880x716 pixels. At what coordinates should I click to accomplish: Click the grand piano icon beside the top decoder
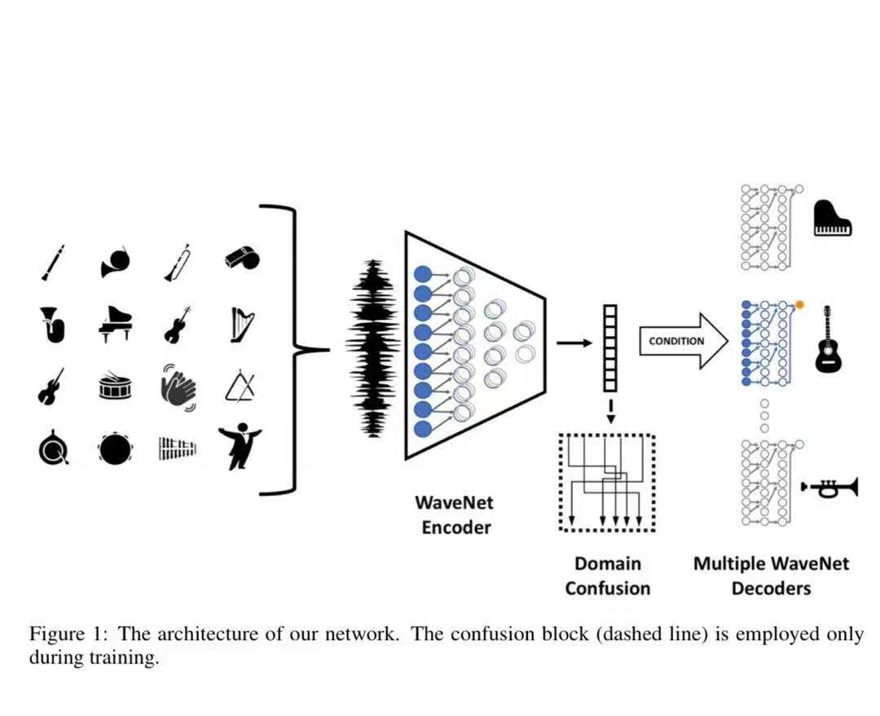[x=833, y=219]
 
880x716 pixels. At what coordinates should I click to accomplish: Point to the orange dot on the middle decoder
[x=800, y=304]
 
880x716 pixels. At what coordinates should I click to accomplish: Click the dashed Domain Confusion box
[x=607, y=482]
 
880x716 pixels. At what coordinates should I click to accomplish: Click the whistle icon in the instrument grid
[x=242, y=258]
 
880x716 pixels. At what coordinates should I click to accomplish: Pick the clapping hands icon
[x=178, y=385]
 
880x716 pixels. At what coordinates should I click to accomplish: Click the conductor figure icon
[x=240, y=446]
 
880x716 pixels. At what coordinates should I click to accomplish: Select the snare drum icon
[x=115, y=387]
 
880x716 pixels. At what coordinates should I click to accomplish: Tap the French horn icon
[x=116, y=263]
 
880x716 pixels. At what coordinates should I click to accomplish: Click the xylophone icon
[x=178, y=448]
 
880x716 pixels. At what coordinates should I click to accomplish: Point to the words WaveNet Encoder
[x=455, y=514]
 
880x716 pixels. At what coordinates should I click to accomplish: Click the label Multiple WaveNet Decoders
[x=771, y=575]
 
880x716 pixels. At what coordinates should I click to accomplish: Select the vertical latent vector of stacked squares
[x=609, y=347]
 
